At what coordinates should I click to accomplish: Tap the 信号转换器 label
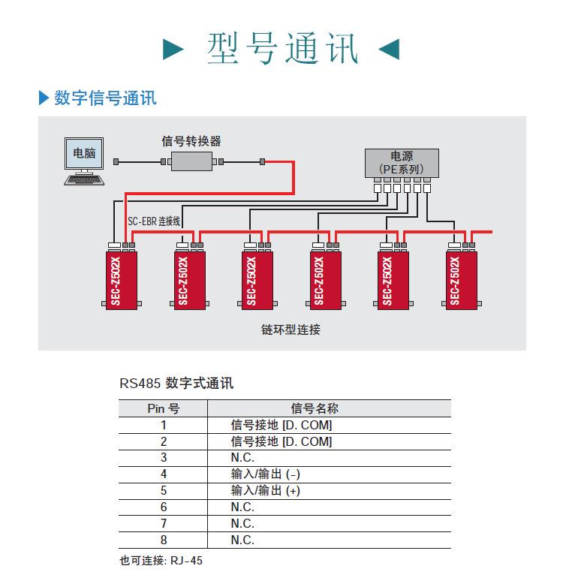(191, 140)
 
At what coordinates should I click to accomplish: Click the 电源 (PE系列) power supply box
(402, 163)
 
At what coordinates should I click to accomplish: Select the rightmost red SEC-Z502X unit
(461, 278)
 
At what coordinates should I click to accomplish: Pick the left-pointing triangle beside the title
(389, 50)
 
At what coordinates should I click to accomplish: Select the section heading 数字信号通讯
(105, 98)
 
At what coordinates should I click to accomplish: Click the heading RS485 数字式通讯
(176, 384)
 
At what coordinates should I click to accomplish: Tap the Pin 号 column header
(163, 408)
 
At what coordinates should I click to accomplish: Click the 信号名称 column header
(315, 408)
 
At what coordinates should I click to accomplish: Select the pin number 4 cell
(163, 474)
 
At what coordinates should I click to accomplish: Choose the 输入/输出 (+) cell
(266, 490)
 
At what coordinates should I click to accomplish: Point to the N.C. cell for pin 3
(242, 457)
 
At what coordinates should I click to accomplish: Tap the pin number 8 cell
(163, 540)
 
